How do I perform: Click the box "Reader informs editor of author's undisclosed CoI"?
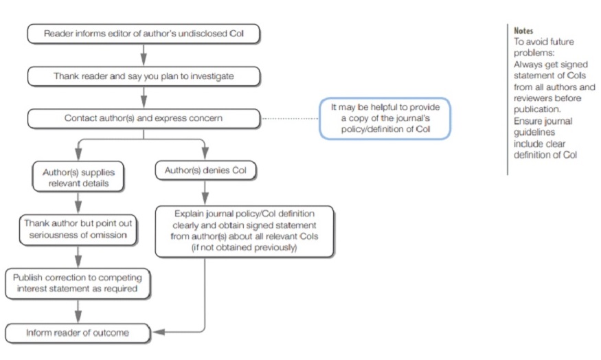pyautogui.click(x=144, y=34)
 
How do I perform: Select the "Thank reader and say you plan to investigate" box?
pyautogui.click(x=144, y=76)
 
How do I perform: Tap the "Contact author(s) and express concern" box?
pyautogui.click(x=144, y=118)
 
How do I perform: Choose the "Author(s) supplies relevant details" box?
pyautogui.click(x=78, y=177)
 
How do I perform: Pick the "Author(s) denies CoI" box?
pyautogui.click(x=205, y=170)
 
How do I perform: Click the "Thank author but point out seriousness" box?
pyautogui.click(x=78, y=229)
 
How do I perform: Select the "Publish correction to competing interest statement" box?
pyautogui.click(x=78, y=283)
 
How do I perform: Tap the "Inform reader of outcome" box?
pyautogui.click(x=78, y=333)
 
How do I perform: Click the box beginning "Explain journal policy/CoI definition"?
pyautogui.click(x=244, y=231)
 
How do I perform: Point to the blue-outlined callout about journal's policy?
pyautogui.click(x=385, y=118)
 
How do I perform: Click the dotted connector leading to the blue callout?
pyautogui.click(x=290, y=119)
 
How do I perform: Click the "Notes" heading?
pyautogui.click(x=523, y=31)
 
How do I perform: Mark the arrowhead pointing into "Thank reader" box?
pyautogui.click(x=144, y=60)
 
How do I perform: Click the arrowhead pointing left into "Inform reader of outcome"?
pyautogui.click(x=159, y=332)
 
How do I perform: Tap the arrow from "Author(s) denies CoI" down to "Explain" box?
pyautogui.click(x=205, y=193)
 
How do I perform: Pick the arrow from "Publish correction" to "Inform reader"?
pyautogui.click(x=78, y=311)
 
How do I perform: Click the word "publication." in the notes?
pyautogui.click(x=537, y=109)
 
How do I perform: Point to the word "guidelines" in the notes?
pyautogui.click(x=534, y=133)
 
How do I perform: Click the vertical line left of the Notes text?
pyautogui.click(x=508, y=100)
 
